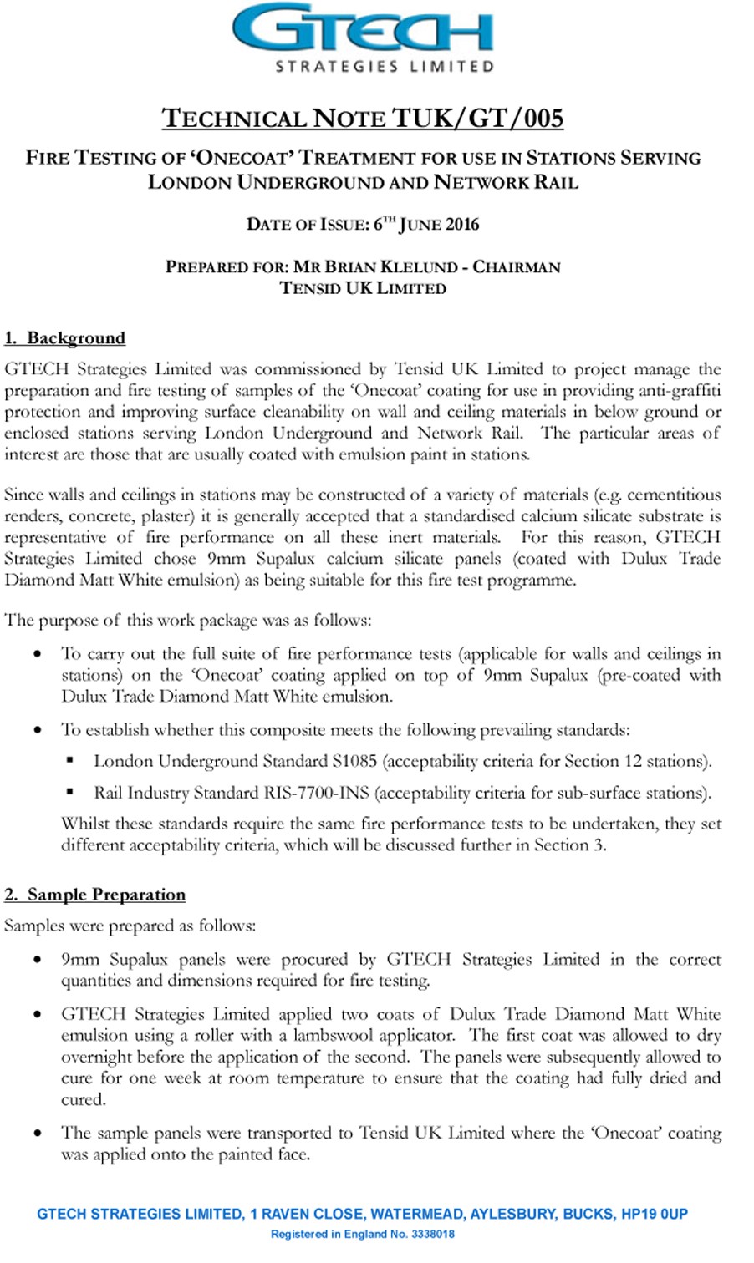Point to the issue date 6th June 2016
[x=426, y=224]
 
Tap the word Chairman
[x=517, y=267]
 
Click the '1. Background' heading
[x=65, y=338]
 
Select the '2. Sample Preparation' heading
[x=95, y=895]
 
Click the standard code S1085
[x=354, y=761]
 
